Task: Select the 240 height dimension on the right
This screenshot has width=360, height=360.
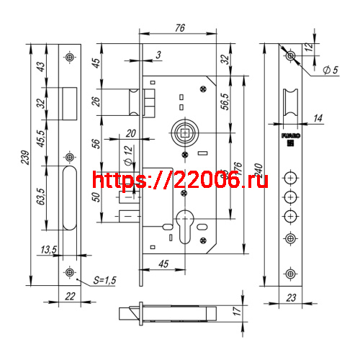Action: (x=258, y=174)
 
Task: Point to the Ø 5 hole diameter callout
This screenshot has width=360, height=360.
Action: (x=331, y=71)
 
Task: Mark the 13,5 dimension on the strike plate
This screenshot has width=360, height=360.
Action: (x=49, y=249)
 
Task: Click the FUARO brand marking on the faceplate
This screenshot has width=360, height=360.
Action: (x=290, y=134)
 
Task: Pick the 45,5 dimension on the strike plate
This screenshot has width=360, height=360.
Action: (x=40, y=136)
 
